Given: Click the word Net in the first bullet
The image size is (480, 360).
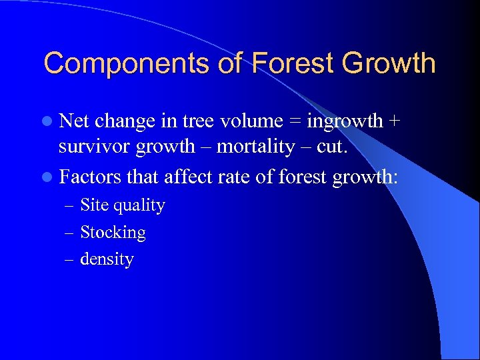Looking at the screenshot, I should [x=75, y=121].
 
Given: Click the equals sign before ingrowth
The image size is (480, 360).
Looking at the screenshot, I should [x=294, y=122].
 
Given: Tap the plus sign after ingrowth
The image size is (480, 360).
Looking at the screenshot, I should [x=396, y=122].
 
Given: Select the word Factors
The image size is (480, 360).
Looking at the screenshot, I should [x=89, y=177].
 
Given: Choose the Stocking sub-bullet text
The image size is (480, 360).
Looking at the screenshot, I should [x=112, y=233].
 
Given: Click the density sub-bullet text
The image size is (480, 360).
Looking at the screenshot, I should [x=107, y=259].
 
